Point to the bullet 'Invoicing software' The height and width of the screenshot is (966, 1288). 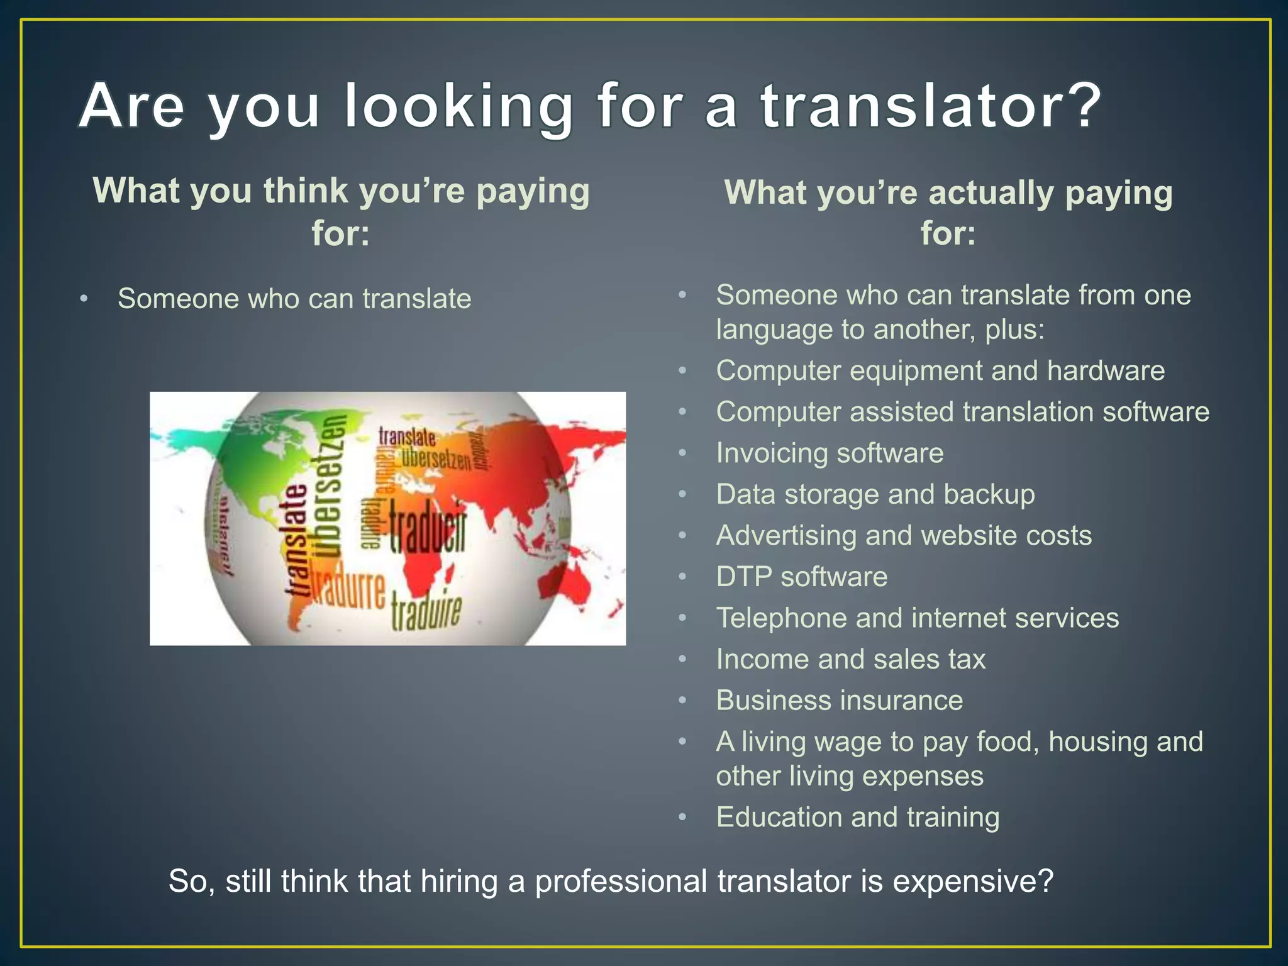click(830, 453)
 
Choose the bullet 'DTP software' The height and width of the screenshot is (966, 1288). click(801, 577)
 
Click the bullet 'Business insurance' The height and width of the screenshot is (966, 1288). click(839, 701)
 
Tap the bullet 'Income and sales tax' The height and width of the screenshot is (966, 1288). click(850, 659)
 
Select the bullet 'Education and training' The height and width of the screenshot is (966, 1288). click(857, 818)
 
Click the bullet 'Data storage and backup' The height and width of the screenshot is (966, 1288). click(875, 494)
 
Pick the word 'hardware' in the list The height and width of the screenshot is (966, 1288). click(1106, 370)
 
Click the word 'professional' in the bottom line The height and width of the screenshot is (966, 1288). click(621, 881)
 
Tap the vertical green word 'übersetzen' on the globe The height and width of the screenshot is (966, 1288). click(331, 484)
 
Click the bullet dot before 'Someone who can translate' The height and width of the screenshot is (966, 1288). click(84, 299)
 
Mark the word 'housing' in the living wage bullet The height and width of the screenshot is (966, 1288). click(1098, 742)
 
